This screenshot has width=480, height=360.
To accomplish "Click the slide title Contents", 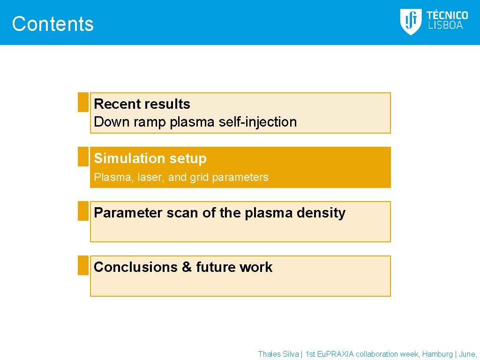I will point(52,24).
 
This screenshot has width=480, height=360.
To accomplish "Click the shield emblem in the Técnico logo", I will point(411,22).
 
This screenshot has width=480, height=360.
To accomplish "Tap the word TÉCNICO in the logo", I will point(447,15).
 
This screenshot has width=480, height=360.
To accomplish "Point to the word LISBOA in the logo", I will point(445,26).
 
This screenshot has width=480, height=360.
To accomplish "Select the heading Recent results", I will point(142,104).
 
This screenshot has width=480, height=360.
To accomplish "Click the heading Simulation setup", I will point(150,158).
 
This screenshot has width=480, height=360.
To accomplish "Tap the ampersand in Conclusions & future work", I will point(187,267).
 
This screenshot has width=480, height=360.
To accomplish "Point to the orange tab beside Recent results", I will point(83,102).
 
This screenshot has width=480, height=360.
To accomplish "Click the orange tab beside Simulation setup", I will point(83,157).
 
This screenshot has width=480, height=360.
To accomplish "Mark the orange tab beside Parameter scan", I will point(83,211).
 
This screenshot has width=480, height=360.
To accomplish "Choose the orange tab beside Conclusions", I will point(83,265).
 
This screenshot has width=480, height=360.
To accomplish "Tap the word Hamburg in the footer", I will point(437,354).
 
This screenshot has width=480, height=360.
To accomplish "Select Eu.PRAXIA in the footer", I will point(335,354).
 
